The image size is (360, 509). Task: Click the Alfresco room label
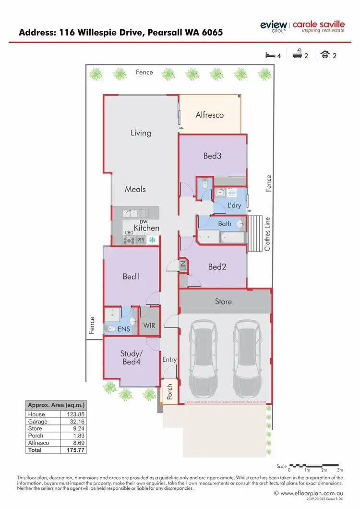(x=210, y=115)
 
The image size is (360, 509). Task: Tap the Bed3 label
(x=212, y=156)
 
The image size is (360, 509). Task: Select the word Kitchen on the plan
(x=146, y=228)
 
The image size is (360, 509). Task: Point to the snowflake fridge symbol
(x=152, y=240)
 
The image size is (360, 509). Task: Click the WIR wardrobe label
(x=149, y=326)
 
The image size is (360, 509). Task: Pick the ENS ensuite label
(x=124, y=329)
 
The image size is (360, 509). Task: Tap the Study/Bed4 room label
(x=131, y=358)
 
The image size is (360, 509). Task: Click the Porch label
(x=169, y=392)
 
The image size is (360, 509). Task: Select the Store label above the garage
(x=223, y=302)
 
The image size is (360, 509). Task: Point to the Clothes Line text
(x=267, y=233)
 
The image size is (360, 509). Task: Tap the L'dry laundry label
(x=234, y=206)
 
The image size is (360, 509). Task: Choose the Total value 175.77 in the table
(x=73, y=450)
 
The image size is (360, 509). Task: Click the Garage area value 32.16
(x=73, y=421)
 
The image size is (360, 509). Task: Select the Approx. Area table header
(x=56, y=405)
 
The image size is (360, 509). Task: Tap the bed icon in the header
(x=270, y=55)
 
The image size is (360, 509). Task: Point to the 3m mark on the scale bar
(x=340, y=470)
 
